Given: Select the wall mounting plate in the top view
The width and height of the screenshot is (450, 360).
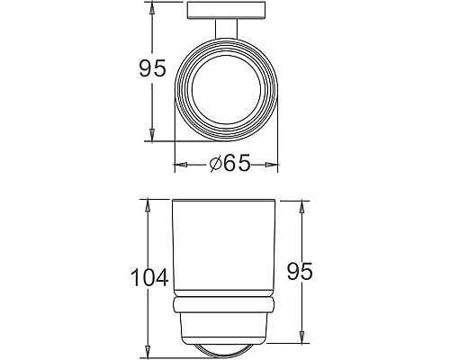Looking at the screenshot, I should coord(226,11).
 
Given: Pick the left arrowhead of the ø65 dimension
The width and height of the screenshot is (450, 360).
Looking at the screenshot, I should coord(177,165).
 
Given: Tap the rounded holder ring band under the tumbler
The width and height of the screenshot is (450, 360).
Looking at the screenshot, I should coord(225,303).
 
